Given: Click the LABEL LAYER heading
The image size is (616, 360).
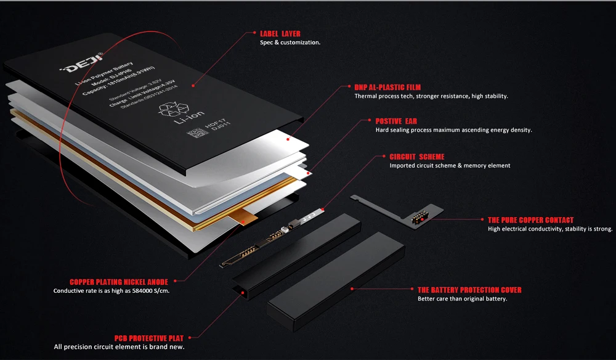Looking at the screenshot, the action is [x=280, y=33].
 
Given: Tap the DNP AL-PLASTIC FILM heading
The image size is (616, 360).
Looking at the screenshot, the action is [x=387, y=88].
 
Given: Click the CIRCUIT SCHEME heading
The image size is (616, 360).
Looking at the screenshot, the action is [x=416, y=157].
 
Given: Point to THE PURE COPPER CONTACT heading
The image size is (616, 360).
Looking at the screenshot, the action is [x=530, y=220].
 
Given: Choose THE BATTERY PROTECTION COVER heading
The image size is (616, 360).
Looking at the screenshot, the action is [x=469, y=290].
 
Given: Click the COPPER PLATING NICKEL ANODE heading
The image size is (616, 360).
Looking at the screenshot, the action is [x=119, y=282].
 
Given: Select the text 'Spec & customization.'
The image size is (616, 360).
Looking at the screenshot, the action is [x=290, y=43].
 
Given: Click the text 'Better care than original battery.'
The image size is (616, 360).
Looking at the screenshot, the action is [x=462, y=299].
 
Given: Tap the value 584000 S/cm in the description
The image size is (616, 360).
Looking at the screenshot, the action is [x=149, y=291].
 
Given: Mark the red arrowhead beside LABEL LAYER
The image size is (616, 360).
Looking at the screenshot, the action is [x=253, y=33].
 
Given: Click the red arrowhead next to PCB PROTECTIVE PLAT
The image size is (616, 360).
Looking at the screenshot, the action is [x=190, y=338].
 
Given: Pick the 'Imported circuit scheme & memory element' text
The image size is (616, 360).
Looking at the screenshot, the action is [x=450, y=166].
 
